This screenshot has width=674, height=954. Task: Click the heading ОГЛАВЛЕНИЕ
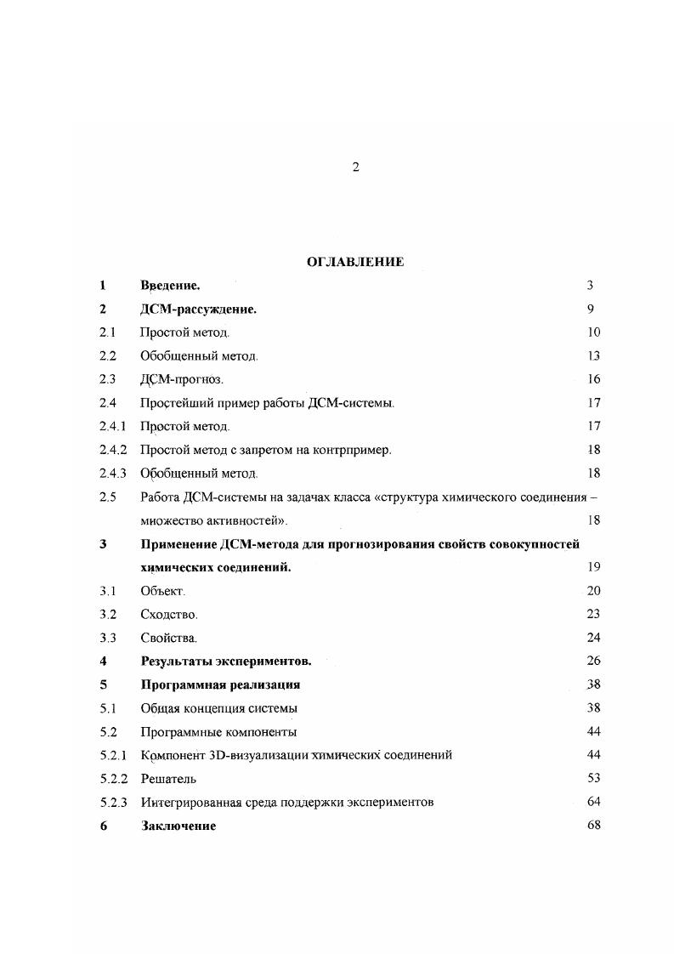[355, 262]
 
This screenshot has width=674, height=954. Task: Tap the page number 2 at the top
[356, 168]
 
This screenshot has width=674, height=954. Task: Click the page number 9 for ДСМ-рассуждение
[590, 309]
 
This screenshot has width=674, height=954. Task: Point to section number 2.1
[107, 332]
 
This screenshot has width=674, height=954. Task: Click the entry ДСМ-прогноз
[182, 379]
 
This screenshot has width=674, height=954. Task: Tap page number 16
[593, 379]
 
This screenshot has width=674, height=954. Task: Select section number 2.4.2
[112, 450]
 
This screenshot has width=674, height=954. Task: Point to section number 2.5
[107, 497]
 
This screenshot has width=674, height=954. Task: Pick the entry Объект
[162, 590]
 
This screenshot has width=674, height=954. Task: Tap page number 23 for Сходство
[593, 614]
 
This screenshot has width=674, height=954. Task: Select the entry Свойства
[168, 637]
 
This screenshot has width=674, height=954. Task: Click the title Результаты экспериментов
[226, 661]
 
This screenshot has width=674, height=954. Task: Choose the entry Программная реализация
[220, 684]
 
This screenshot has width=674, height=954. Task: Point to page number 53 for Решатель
[593, 777]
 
